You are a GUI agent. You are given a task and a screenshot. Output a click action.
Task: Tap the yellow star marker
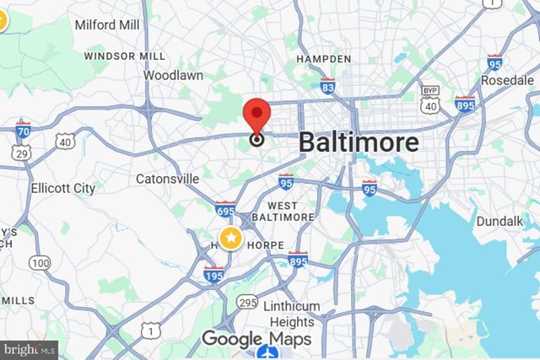click(x=230, y=238)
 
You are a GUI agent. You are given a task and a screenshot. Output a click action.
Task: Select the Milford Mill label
click(x=106, y=25)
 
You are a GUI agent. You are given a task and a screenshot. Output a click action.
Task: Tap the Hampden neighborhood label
click(x=323, y=59)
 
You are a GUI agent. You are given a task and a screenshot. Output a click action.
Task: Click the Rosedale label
click(x=507, y=79)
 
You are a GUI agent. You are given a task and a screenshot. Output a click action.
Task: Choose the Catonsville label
click(x=168, y=179)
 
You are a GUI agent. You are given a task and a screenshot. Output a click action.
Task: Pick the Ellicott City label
click(x=62, y=189)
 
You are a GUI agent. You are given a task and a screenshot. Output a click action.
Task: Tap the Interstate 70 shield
click(x=24, y=131)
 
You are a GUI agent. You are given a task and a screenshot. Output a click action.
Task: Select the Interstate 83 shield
click(x=328, y=85)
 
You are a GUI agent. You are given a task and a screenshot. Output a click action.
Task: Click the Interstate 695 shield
click(x=225, y=207)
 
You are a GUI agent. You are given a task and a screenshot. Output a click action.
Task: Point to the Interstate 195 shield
click(x=213, y=273)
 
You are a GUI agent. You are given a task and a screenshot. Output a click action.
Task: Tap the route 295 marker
click(x=248, y=301)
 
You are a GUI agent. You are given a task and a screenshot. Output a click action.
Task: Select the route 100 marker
click(x=40, y=263)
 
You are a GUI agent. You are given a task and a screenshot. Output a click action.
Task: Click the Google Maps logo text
click(x=256, y=340)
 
